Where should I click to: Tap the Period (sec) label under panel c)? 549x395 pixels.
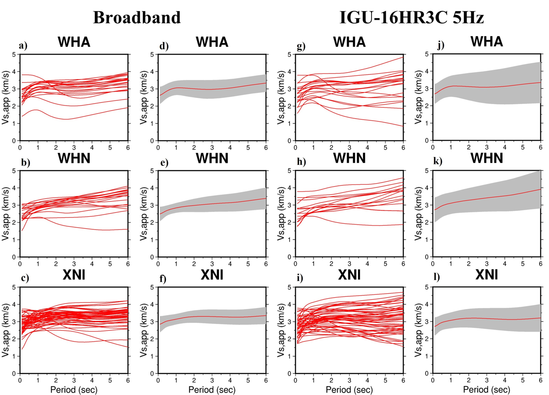[x=74, y=389]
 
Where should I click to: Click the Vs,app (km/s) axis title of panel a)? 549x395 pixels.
[x=6, y=98]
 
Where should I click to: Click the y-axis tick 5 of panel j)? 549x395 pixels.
[x=426, y=54]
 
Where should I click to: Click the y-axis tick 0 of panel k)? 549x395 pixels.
[x=426, y=257]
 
